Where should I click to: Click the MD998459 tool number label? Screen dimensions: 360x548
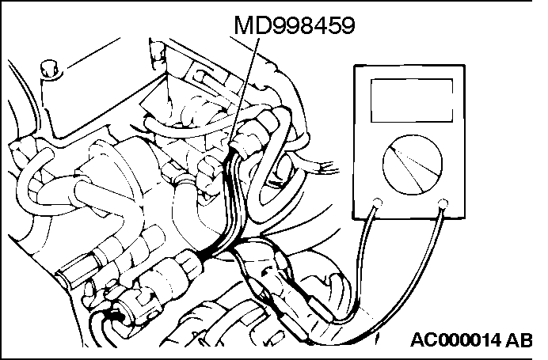293,25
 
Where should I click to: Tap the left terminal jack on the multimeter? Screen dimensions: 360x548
378,201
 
